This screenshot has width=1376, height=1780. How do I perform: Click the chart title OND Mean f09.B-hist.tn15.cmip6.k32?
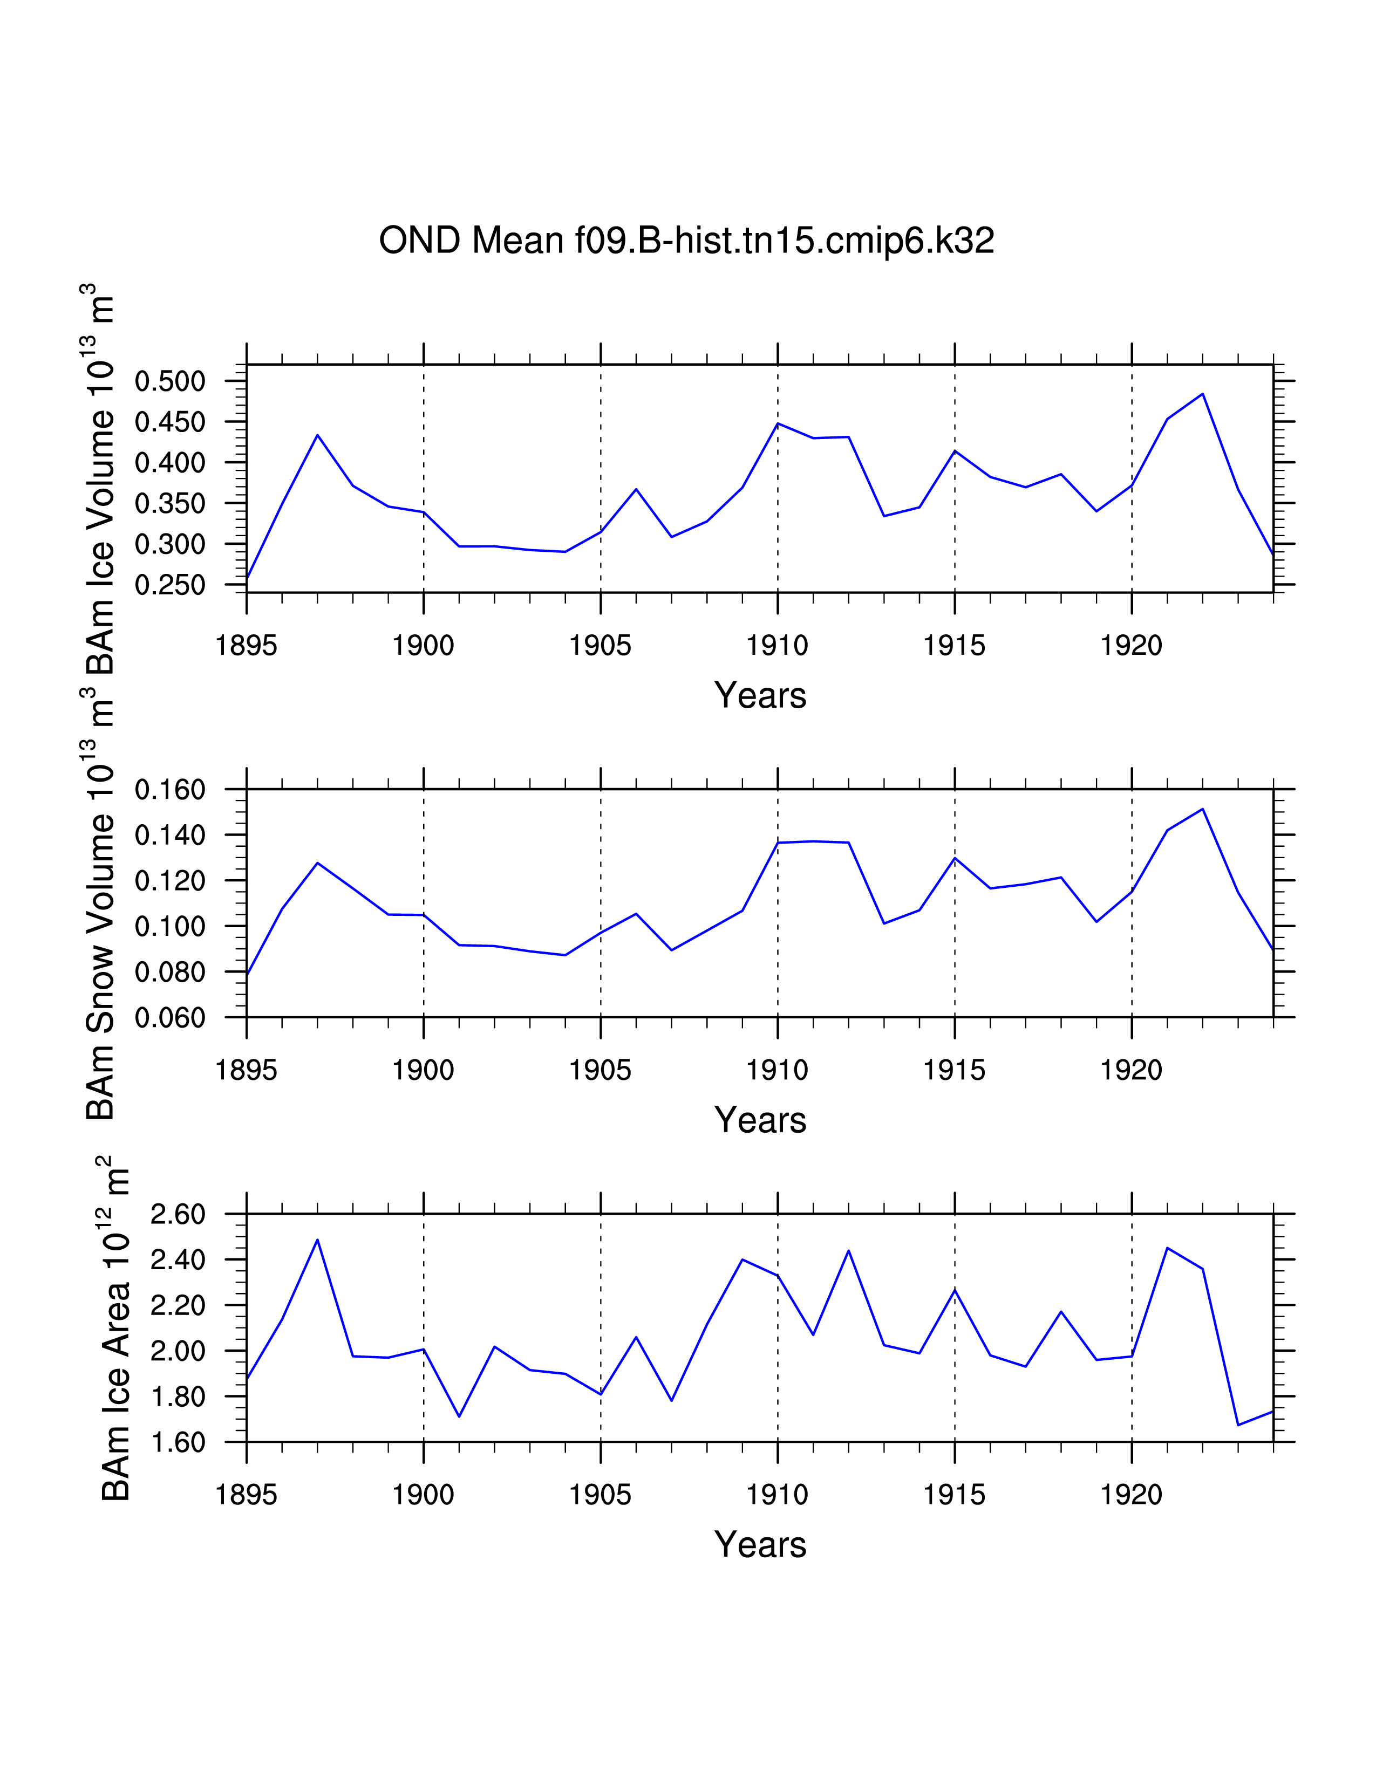[686, 241]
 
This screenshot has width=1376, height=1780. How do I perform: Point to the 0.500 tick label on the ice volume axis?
[169, 381]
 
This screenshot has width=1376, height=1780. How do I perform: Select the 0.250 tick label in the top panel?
[169, 585]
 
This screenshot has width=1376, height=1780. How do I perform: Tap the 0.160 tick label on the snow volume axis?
[169, 790]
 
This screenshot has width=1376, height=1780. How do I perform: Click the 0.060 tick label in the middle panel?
[169, 1017]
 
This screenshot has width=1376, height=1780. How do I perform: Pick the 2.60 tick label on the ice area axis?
[178, 1214]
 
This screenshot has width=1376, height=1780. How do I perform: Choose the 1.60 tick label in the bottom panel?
[178, 1442]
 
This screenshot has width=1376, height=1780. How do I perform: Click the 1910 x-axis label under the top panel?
[777, 646]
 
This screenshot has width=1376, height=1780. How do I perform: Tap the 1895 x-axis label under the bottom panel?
[246, 1496]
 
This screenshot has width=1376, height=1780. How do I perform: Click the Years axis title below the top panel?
[760, 696]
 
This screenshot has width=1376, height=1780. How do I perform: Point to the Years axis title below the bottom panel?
[760, 1545]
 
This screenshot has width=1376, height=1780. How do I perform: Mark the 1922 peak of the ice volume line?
[1202, 394]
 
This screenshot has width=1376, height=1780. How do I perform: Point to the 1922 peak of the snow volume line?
[1202, 809]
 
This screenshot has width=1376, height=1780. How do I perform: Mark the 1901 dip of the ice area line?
[459, 1416]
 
